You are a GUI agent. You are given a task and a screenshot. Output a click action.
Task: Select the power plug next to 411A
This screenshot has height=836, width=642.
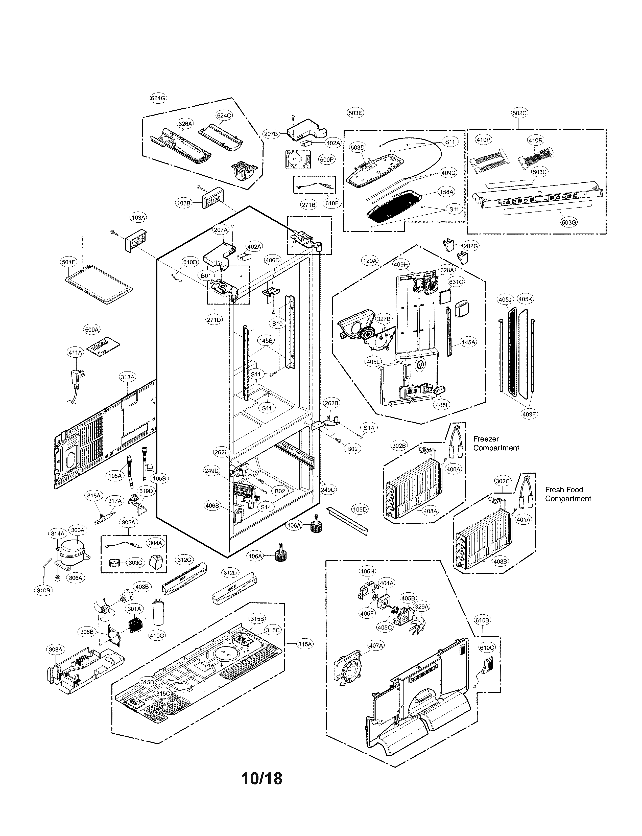[78, 380]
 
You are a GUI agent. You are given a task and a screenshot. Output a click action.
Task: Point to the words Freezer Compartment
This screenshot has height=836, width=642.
[496, 444]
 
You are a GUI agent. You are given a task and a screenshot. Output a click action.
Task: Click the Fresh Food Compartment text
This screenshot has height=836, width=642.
[568, 494]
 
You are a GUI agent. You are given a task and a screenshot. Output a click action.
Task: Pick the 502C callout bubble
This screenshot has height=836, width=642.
[519, 113]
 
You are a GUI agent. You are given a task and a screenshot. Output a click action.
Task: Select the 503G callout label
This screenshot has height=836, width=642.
[569, 222]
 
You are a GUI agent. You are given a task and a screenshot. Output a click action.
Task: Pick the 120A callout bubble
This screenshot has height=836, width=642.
[370, 261]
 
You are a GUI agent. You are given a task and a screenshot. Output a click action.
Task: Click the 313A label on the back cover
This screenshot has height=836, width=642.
[128, 377]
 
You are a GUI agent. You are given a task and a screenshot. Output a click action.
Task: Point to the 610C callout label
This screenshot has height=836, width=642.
[487, 647]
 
